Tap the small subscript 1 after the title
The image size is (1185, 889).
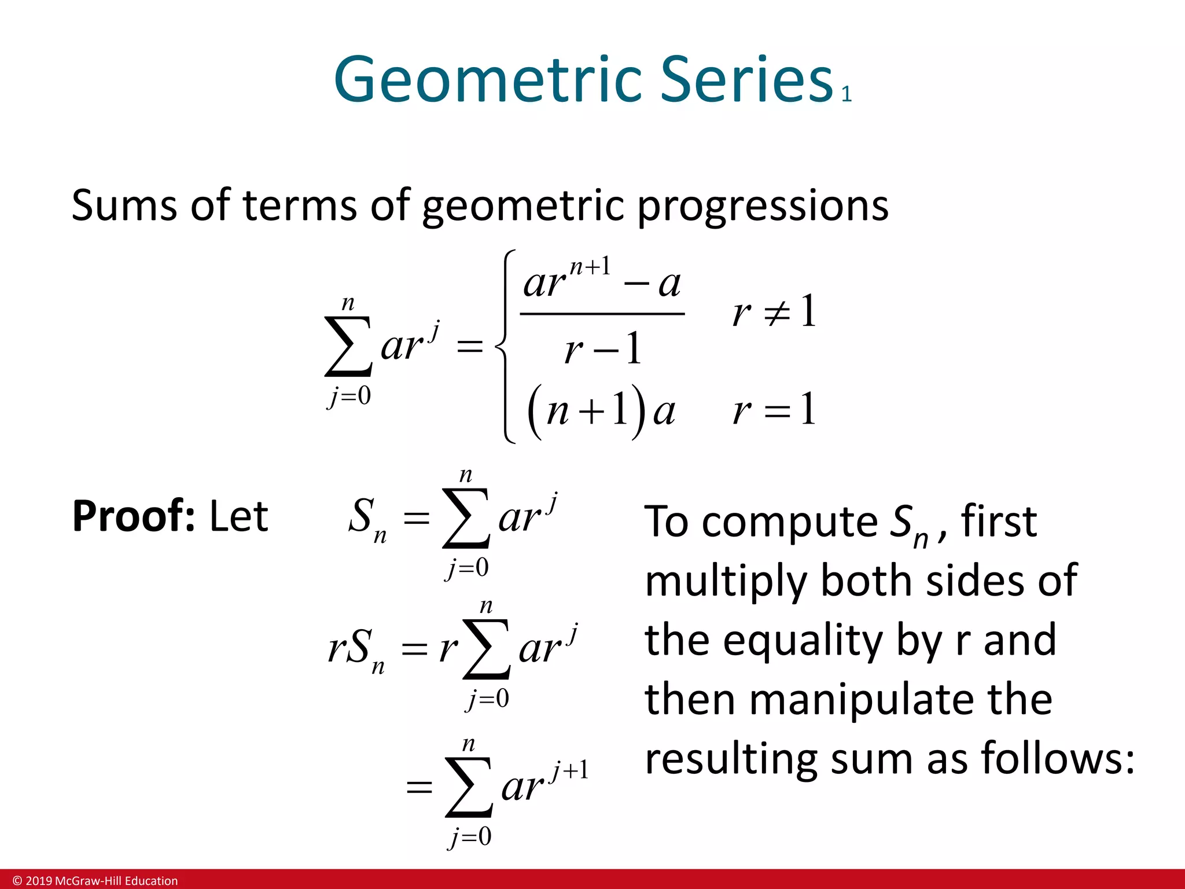click(847, 94)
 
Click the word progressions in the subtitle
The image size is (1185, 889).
click(763, 206)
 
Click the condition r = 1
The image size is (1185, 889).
click(774, 410)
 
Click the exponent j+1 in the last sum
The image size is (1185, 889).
click(570, 770)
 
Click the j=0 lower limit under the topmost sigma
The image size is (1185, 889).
click(349, 396)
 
